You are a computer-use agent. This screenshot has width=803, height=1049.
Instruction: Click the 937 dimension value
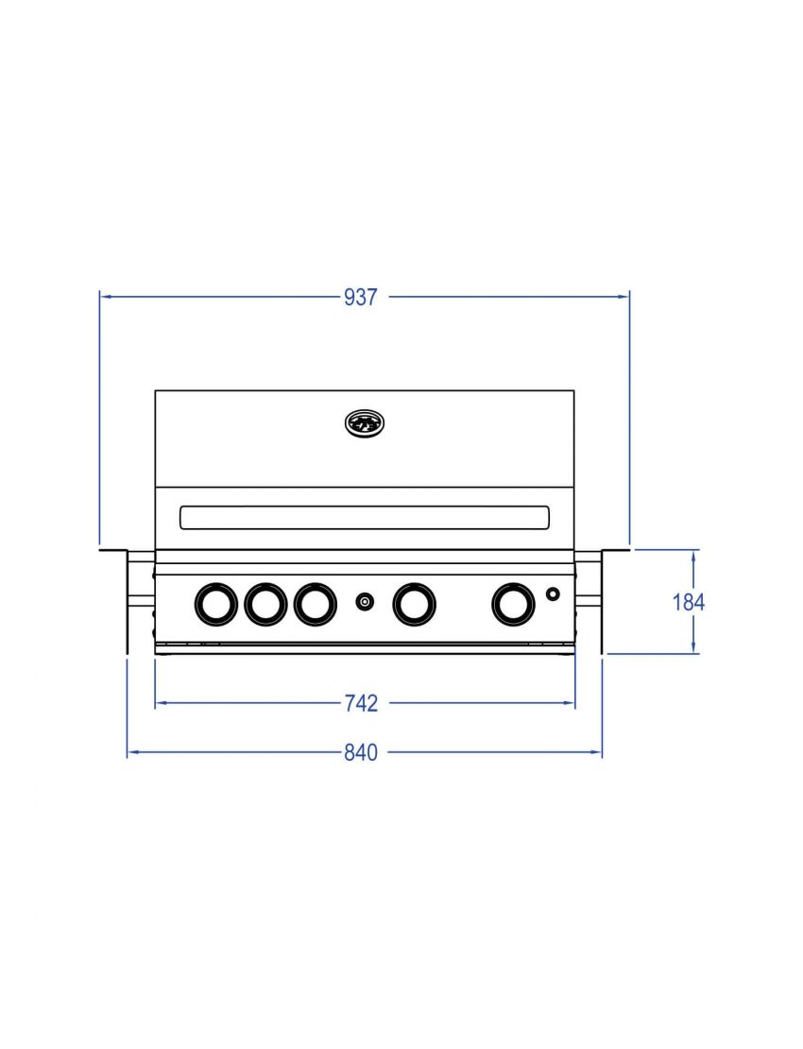361,297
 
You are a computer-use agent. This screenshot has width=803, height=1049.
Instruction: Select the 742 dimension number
361,703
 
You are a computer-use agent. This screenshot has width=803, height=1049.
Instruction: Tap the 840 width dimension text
361,752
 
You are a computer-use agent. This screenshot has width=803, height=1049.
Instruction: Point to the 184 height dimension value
688,602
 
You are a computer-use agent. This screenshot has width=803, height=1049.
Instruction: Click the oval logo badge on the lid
365,424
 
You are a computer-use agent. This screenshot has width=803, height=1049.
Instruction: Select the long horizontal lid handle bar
365,517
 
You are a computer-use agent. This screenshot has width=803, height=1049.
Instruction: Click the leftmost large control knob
216,604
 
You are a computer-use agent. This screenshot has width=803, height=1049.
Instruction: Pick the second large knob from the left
265,604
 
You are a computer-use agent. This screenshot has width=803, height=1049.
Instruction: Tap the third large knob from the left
315,604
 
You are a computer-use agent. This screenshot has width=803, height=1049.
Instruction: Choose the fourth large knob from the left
414,604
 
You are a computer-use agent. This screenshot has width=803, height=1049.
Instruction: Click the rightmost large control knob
513,604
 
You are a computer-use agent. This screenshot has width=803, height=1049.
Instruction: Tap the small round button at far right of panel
553,593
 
